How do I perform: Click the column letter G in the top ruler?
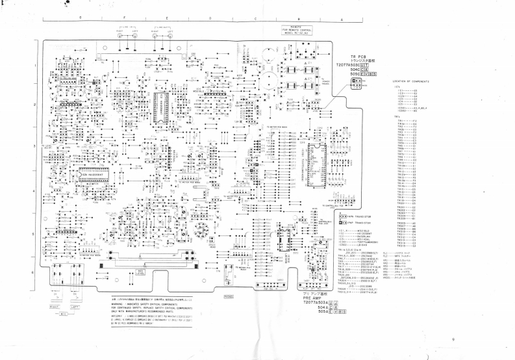[80, 20]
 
